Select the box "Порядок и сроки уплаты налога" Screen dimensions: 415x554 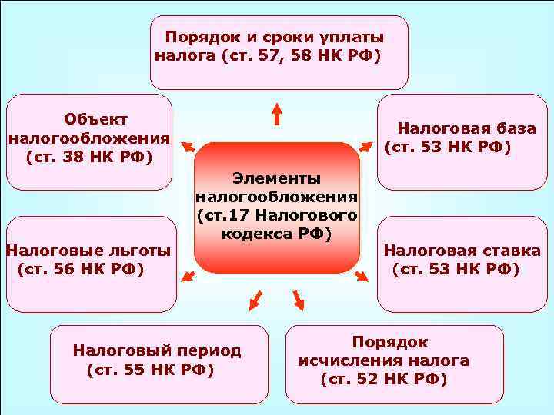pyautogui.click(x=279, y=52)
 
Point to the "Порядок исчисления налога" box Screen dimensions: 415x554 pyautogui.click(x=395, y=364)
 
